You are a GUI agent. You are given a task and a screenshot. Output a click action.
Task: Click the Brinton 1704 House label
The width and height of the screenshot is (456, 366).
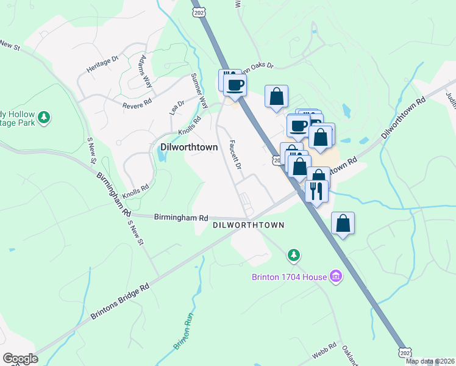pos(290,277)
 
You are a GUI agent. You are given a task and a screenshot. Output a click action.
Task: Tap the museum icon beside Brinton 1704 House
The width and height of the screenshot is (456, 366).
pos(335,277)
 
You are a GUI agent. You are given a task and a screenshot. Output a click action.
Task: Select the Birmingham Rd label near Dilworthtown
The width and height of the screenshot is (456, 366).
pos(181,217)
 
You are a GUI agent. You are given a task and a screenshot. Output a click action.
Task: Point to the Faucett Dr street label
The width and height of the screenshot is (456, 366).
pos(235,156)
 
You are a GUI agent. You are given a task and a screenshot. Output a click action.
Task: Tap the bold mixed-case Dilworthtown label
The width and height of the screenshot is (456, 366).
pos(189,147)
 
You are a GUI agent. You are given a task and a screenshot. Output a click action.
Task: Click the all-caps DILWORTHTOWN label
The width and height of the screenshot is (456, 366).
pos(249,225)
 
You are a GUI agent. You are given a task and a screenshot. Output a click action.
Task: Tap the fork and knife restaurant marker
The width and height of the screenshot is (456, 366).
pos(316,192)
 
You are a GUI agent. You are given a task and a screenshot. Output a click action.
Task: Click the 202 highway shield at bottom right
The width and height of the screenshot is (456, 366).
pos(405,354)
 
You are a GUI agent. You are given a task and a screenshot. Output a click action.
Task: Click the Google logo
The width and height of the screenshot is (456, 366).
pos(20,359)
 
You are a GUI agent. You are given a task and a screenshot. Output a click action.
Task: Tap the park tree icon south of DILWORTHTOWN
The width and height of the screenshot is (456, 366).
pos(294,254)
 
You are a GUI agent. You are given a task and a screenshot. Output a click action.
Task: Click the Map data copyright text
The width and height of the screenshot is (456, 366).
pos(430,361)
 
